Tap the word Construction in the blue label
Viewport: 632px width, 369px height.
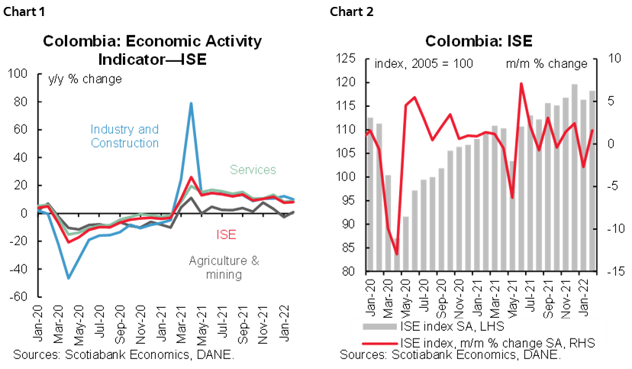pos(124,143)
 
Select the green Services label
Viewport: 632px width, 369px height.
pos(253,170)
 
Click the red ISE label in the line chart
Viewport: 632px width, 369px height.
pos(225,233)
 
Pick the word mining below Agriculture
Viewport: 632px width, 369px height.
pos(224,274)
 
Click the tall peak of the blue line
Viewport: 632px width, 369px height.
pos(191,102)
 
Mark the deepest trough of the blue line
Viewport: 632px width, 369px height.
pos(69,278)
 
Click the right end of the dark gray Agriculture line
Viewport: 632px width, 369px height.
pos(294,211)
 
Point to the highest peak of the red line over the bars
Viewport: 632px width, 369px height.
pos(521,83)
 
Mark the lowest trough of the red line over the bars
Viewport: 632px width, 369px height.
pos(396,254)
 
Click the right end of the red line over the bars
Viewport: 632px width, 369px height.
pos(592,131)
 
